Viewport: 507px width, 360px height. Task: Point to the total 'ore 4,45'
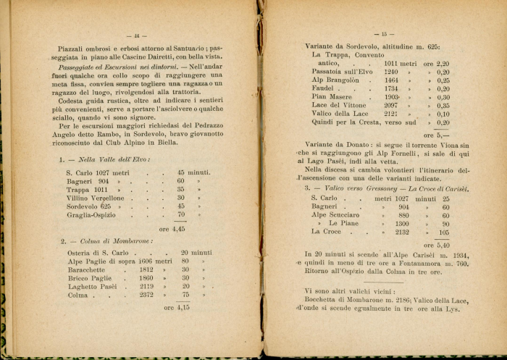pyautogui.click(x=174, y=228)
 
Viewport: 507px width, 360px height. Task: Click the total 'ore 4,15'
pyautogui.click(x=177, y=307)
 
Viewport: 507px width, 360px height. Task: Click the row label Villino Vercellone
pyautogui.click(x=95, y=197)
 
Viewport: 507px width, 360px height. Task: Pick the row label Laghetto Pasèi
pyautogui.click(x=91, y=286)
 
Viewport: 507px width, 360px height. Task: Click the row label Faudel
pyautogui.click(x=324, y=89)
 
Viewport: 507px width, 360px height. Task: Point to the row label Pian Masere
pyautogui.click(x=332, y=97)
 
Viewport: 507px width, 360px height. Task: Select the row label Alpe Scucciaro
pyautogui.click(x=335, y=215)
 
